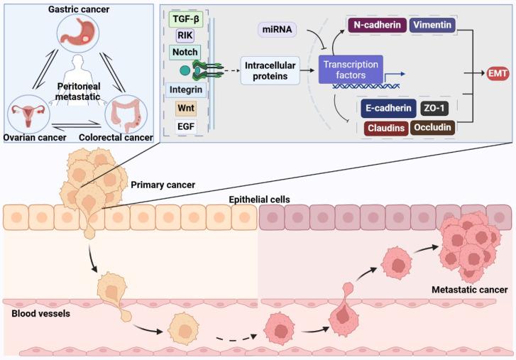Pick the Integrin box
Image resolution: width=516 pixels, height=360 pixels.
186,90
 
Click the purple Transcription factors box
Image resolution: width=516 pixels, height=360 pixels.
351,70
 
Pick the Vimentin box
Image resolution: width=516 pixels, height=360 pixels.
431,25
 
